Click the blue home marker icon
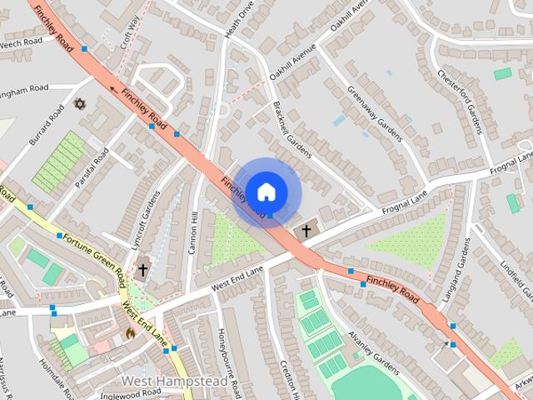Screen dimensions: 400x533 point(266,192)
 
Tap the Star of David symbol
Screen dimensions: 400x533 point(80,104)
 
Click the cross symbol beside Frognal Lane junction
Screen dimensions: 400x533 point(306,229)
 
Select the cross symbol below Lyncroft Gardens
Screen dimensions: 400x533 point(143,269)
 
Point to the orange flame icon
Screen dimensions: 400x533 point(129,332)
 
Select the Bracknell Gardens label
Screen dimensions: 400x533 point(292,130)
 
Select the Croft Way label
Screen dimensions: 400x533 point(130,32)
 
